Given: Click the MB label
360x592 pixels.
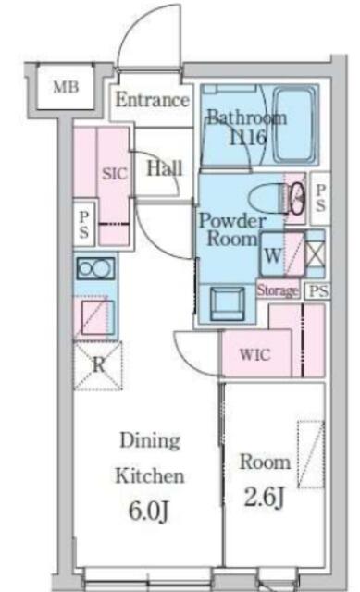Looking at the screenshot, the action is click(66, 87).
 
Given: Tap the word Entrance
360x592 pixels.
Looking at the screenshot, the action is click(152, 100).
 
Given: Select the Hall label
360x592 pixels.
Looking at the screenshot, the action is click(165, 168).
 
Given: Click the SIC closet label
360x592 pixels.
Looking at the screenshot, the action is click(115, 174).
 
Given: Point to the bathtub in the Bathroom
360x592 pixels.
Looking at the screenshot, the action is click(294, 125).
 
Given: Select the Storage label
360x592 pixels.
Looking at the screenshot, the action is click(278, 290).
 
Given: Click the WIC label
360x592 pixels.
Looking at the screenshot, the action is click(255, 355).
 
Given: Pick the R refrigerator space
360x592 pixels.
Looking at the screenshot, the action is click(98, 365).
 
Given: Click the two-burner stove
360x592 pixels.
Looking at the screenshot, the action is click(95, 268).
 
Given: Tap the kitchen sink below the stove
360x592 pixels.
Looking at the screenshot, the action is click(97, 317).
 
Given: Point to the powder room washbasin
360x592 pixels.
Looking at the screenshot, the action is click(227, 304).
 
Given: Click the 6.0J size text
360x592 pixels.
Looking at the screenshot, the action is click(148, 512).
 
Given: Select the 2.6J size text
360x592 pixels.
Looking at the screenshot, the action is click(264, 497).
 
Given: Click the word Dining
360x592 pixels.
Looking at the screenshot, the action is click(150, 440).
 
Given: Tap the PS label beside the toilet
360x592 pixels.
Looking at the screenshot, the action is click(320, 198).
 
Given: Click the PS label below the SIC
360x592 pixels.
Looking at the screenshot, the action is click(83, 224).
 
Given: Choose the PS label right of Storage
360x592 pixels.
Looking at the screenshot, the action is click(318, 290).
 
